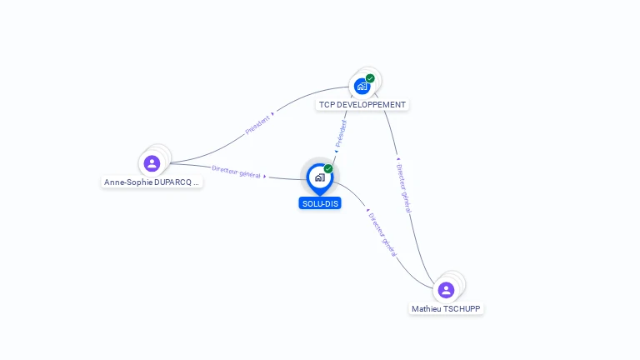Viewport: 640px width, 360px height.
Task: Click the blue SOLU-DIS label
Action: pyautogui.click(x=320, y=203)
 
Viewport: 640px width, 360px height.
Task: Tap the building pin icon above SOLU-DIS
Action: pyautogui.click(x=320, y=179)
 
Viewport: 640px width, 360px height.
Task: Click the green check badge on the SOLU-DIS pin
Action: pyautogui.click(x=328, y=168)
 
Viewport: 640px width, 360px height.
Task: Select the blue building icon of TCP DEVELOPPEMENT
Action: pyautogui.click(x=362, y=86)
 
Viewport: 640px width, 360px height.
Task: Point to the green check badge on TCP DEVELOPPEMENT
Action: pyautogui.click(x=370, y=78)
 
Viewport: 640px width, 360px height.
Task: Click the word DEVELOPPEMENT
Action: pyautogui.click(x=371, y=105)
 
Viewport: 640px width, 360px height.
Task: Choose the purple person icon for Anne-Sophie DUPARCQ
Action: pyautogui.click(x=152, y=163)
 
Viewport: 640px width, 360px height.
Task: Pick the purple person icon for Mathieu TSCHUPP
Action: pyautogui.click(x=446, y=290)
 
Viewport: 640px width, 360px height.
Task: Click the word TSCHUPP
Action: pyautogui.click(x=462, y=309)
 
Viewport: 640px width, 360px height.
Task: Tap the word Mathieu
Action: pyautogui.click(x=426, y=309)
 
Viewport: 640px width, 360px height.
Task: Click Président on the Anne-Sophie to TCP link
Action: pyautogui.click(x=257, y=125)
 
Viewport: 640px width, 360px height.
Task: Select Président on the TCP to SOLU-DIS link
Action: pyautogui.click(x=341, y=133)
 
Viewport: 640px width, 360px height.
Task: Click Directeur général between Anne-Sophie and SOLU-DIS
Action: pyautogui.click(x=236, y=172)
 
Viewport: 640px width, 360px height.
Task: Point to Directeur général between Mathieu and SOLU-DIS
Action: pyautogui.click(x=382, y=235)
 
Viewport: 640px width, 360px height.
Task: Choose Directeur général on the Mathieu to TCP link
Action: pyautogui.click(x=404, y=188)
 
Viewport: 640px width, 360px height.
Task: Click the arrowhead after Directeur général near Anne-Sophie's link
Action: pyautogui.click(x=265, y=177)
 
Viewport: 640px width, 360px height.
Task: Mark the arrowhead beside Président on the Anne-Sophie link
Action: pyautogui.click(x=272, y=114)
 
